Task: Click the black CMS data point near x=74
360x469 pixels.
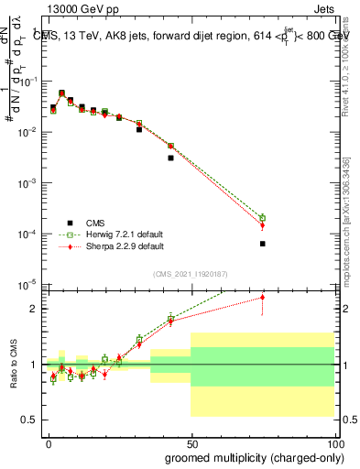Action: click(x=262, y=244)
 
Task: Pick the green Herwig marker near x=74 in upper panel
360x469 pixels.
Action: click(x=262, y=218)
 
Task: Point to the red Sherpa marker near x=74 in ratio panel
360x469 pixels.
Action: click(x=262, y=297)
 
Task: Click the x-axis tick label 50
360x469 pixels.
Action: click(x=191, y=443)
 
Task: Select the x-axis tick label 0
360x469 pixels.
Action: click(x=49, y=443)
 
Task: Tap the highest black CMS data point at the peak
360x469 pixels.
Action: click(x=61, y=93)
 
